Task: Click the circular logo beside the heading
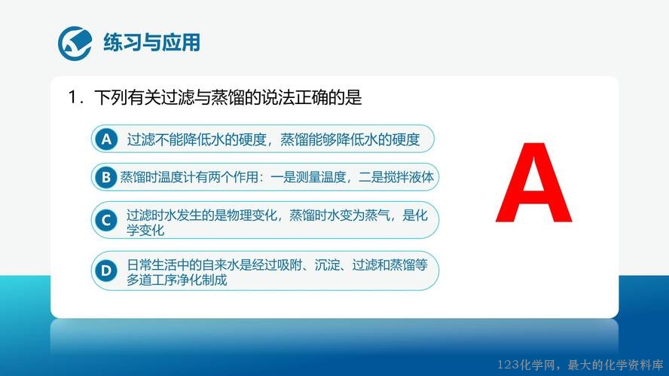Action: point(75,43)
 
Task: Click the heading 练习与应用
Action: point(152,43)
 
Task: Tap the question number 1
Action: point(73,97)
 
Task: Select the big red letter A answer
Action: point(533,182)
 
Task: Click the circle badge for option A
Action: point(106,139)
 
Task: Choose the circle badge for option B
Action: point(105,177)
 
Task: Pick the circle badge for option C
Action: point(105,221)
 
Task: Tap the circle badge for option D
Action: point(105,271)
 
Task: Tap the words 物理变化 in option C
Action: point(252,215)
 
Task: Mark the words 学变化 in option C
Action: point(145,230)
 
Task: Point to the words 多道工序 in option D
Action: point(151,280)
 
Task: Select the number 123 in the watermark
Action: point(508,365)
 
